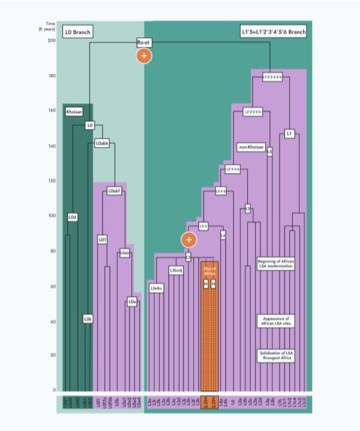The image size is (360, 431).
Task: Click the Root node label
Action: (x=143, y=43)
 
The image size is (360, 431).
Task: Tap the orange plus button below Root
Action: (x=143, y=56)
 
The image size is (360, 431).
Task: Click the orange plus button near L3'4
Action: (x=189, y=240)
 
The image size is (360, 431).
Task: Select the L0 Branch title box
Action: (x=76, y=31)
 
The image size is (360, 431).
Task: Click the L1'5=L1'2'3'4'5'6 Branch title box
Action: (x=270, y=31)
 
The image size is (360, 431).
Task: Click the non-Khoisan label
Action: (x=251, y=147)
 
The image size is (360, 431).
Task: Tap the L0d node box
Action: (x=73, y=217)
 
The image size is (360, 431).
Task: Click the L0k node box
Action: (x=87, y=319)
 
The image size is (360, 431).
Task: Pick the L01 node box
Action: (x=102, y=240)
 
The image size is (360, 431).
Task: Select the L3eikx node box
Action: (x=157, y=289)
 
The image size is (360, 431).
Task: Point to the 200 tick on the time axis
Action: (x=52, y=41)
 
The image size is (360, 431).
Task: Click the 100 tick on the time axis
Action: (x=52, y=216)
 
